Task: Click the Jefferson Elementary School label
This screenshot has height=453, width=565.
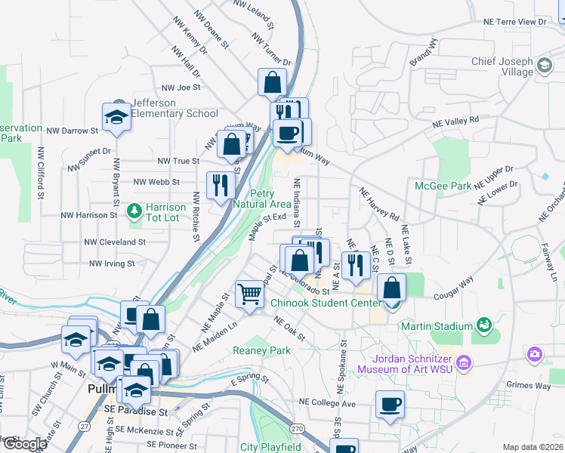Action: [174, 108]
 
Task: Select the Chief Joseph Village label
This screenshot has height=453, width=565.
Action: [502, 66]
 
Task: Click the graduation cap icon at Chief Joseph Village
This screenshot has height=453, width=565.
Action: [544, 66]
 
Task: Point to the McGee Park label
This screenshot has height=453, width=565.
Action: [443, 185]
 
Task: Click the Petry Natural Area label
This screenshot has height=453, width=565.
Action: [261, 199]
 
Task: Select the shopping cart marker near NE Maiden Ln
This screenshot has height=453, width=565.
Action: [249, 294]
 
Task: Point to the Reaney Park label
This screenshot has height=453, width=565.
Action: [261, 350]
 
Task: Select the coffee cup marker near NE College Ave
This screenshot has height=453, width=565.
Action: [390, 405]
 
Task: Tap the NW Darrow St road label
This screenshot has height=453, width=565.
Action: [73, 131]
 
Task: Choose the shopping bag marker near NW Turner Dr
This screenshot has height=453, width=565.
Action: [272, 82]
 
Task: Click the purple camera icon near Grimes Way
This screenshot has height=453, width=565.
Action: [535, 353]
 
